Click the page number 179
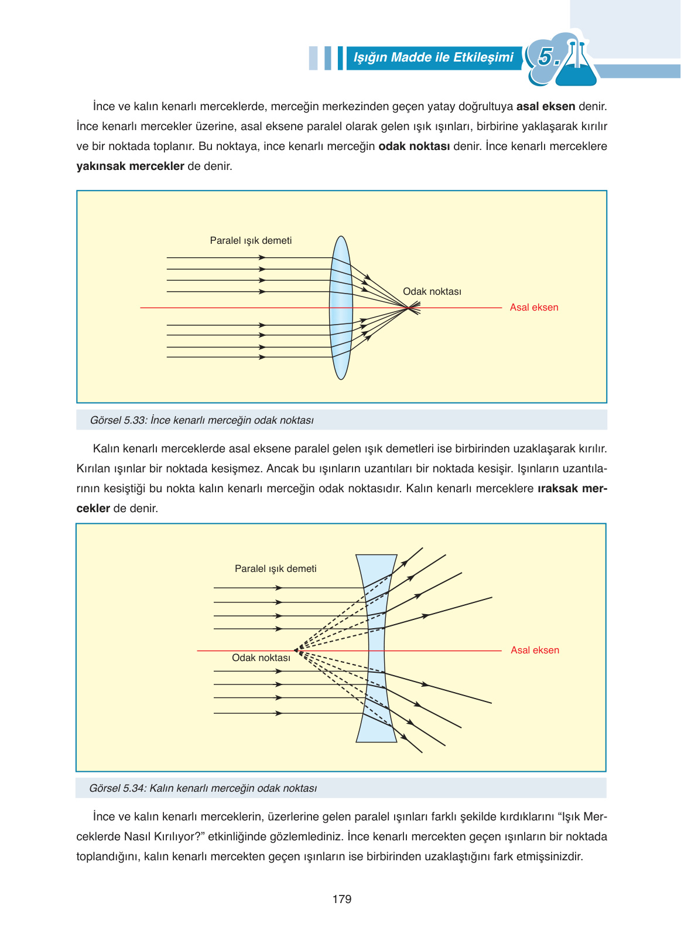tap(341, 899)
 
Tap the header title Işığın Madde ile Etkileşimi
tap(433, 57)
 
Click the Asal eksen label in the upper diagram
tap(533, 307)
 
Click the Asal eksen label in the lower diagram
tap(535, 650)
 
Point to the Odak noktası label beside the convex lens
tap(432, 291)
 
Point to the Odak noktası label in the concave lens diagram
tap(261, 658)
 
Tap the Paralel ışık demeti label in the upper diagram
tap(251, 240)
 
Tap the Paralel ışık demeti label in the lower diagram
tap(275, 568)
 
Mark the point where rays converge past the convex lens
tap(409, 307)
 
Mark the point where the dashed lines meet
tap(296, 650)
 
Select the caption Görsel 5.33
tap(201, 420)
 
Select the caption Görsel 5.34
tap(203, 788)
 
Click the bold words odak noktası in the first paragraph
tap(414, 146)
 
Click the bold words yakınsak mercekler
tap(130, 166)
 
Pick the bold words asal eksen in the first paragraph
tap(545, 107)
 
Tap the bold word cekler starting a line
tap(93, 508)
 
